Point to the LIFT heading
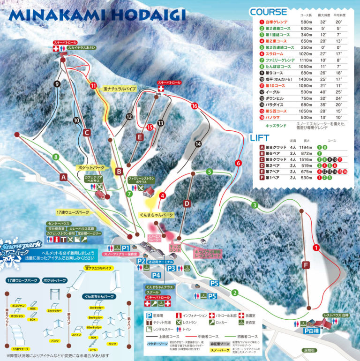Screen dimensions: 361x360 (x=259, y=138)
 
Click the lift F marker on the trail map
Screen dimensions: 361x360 (x=307, y=266)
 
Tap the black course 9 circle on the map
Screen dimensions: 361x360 (x=57, y=84)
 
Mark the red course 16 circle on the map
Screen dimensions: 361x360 (x=195, y=106)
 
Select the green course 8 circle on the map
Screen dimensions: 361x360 (x=56, y=157)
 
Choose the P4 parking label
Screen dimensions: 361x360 (x=157, y=275)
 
